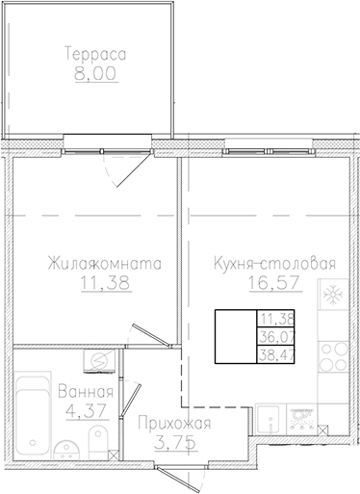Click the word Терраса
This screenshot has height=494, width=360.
[x=92, y=54]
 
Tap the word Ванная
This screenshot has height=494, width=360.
[x=86, y=392]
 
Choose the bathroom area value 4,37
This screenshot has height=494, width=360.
[x=86, y=410]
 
